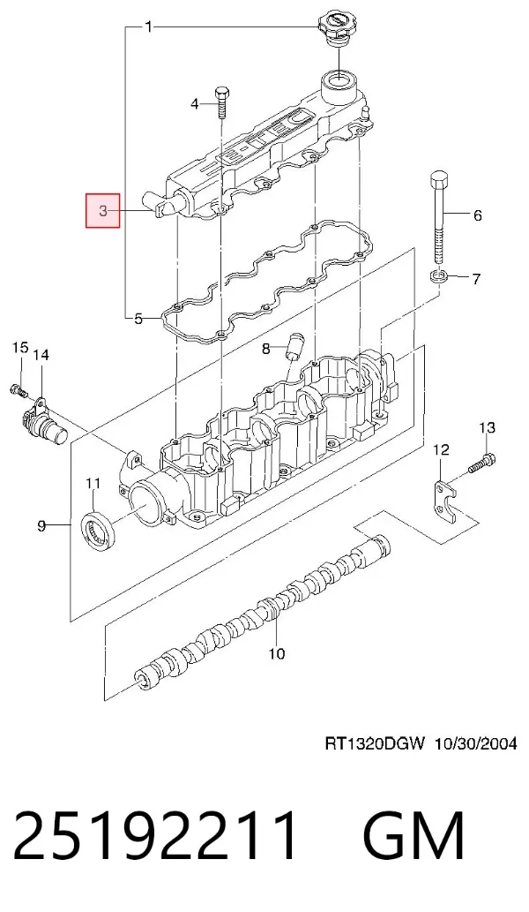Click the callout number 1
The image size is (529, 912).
(x=149, y=26)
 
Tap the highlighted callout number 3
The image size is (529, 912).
(x=103, y=210)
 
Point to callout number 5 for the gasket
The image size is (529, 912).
(x=138, y=318)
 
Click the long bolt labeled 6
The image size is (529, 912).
(x=441, y=217)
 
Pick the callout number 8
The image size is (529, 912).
(x=266, y=349)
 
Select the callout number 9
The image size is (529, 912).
(x=41, y=526)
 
